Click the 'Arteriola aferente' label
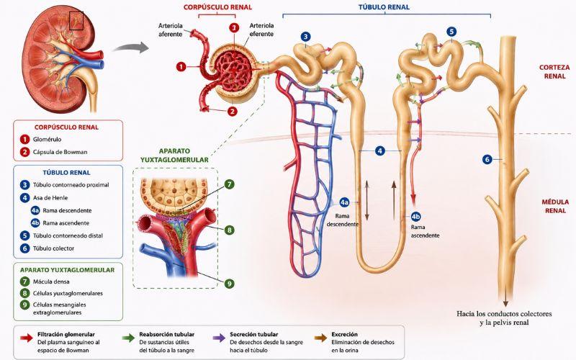(x=171, y=30)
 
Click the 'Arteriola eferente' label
(x=261, y=30)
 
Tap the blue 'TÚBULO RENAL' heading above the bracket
(x=384, y=7)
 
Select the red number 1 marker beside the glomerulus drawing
(x=181, y=67)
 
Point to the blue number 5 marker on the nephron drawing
(x=451, y=32)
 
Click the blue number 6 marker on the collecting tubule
(x=487, y=159)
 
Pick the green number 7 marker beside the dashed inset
(x=229, y=184)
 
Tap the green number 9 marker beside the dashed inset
(x=229, y=284)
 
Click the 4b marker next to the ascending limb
(x=416, y=217)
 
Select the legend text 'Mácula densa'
(x=51, y=282)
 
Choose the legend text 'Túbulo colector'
(x=53, y=248)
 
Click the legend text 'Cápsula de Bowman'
(x=60, y=152)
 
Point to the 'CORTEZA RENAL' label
(x=554, y=71)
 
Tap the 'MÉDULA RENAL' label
(x=555, y=206)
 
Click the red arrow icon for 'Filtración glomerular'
(x=27, y=338)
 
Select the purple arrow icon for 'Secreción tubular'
(x=219, y=338)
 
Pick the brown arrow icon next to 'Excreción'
(x=320, y=338)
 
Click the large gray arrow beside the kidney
(x=130, y=48)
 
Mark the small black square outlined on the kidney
(x=76, y=21)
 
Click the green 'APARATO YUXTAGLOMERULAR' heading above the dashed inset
(x=174, y=156)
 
